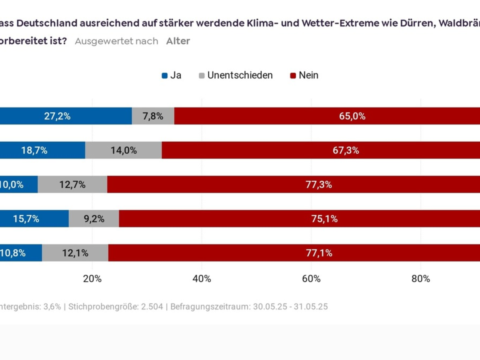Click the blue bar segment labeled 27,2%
[x=66, y=116]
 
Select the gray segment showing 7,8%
[x=153, y=116]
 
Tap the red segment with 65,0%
[x=327, y=116]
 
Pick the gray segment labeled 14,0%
[x=124, y=150]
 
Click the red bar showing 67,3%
[x=321, y=150]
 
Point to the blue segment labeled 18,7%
[x=42, y=150]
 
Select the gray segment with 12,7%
[x=72, y=184]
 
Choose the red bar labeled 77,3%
[x=294, y=184]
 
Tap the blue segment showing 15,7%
[x=34, y=219]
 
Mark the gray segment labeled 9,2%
[x=94, y=219]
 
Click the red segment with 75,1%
[x=299, y=219]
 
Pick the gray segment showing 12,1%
[x=75, y=253]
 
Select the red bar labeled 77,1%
[x=294, y=253]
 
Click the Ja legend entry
[x=172, y=75]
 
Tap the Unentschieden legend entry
[x=236, y=75]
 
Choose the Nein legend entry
[x=304, y=75]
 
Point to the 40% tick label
[x=202, y=279]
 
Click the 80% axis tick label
[x=420, y=279]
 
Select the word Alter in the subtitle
[x=178, y=41]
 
